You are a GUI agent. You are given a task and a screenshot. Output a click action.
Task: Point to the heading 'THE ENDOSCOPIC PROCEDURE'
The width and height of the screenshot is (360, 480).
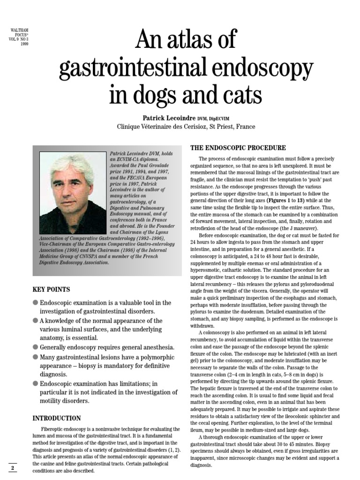coord(238,148)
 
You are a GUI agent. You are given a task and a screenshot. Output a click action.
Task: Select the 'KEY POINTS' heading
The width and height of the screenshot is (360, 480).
coord(51,290)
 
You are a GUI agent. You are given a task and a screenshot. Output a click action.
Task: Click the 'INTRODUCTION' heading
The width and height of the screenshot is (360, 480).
coord(57,418)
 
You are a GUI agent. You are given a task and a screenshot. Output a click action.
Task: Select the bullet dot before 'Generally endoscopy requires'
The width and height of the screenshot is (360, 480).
coord(35,347)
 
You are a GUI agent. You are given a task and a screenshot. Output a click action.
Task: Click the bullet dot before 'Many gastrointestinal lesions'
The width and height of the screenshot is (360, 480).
coord(35,357)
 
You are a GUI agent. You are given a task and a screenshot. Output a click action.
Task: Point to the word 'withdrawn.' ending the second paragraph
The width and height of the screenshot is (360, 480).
coord(202,325)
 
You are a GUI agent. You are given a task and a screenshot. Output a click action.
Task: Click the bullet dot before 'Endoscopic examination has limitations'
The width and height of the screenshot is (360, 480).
coord(35,383)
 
